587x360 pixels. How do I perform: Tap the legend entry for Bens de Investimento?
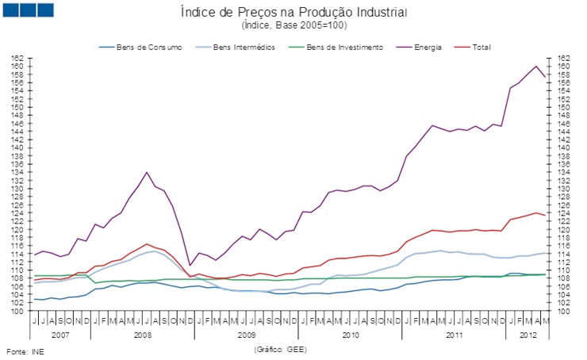(344, 48)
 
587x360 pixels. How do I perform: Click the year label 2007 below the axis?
(60, 335)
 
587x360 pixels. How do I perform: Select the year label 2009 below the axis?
(247, 335)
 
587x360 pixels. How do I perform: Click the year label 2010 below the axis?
(351, 335)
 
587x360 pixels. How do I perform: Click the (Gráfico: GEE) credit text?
(280, 349)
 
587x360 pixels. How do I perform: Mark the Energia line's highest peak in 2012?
(536, 67)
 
